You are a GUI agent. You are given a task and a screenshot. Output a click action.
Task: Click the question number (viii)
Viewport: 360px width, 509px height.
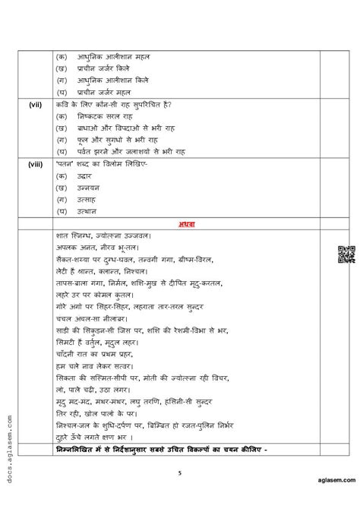35,162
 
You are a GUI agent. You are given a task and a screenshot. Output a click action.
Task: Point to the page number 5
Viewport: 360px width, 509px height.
180,472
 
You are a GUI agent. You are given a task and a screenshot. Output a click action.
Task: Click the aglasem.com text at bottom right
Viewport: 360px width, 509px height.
330,501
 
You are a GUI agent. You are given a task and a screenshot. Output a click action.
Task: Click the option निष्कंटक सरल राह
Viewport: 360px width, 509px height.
106,115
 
